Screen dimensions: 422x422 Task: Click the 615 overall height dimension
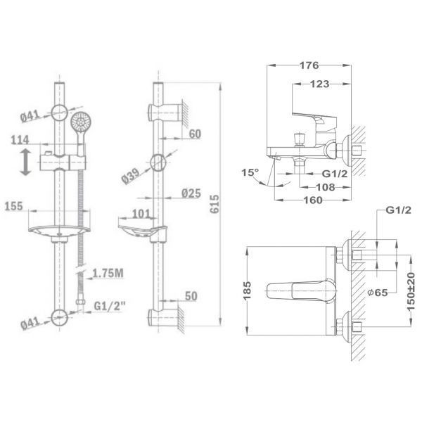click(215, 204)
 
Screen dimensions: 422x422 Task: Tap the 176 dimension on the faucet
click(309, 65)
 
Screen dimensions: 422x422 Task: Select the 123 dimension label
click(319, 84)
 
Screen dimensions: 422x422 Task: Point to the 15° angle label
click(250, 172)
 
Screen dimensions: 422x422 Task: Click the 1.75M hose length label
click(108, 274)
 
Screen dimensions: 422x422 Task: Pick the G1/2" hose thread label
click(110, 306)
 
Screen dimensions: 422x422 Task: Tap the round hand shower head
click(81, 122)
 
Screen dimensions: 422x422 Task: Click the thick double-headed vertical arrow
click(25, 162)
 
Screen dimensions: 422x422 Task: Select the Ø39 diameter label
click(131, 176)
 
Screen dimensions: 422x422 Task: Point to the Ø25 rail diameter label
click(191, 193)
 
